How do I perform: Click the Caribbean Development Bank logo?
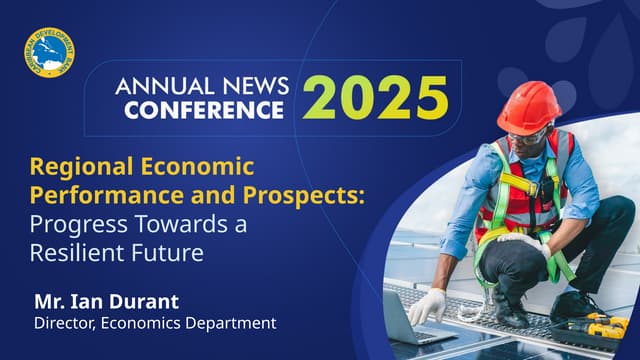coord(45,51)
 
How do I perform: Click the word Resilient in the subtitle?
coord(76,252)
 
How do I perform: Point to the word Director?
coord(66,322)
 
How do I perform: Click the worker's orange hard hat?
coord(528,107)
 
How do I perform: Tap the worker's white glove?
coord(427,306)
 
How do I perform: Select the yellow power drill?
coord(604,324)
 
